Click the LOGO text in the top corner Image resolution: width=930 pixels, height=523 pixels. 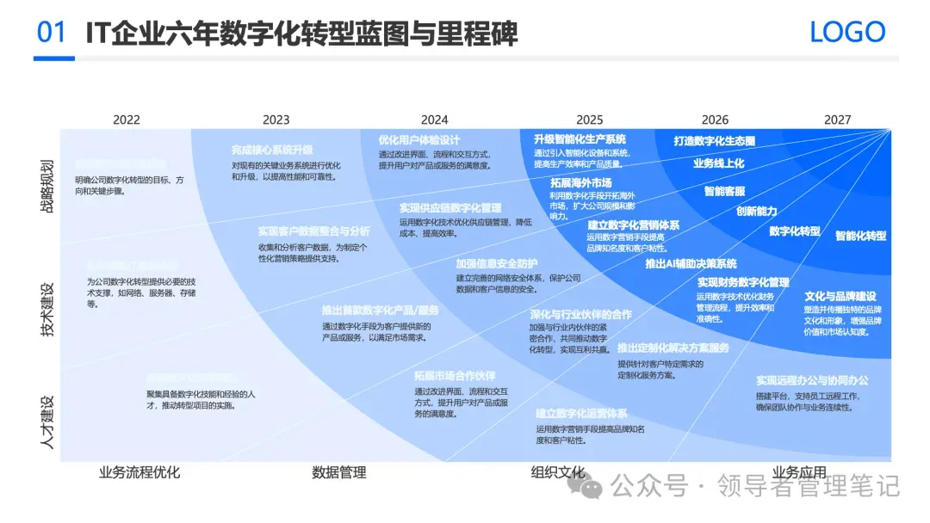pos(847,33)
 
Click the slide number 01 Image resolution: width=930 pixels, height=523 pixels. pos(52,33)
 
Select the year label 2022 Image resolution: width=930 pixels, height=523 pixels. pos(126,120)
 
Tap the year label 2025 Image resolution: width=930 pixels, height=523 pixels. pos(589,120)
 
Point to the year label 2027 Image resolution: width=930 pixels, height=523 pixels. pos(837,120)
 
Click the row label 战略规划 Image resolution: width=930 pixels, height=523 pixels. pos(47,186)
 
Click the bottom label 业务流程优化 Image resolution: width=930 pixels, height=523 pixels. pos(139,472)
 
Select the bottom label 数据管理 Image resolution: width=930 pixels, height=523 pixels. pos(338,472)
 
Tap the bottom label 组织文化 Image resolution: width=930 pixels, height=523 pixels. pos(558,472)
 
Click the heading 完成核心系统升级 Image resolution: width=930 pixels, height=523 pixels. pos(272,150)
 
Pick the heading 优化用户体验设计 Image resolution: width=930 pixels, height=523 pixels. pos(419,140)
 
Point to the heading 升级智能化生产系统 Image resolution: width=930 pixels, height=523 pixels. pos(580,139)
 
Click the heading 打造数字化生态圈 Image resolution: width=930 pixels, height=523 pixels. pos(714,141)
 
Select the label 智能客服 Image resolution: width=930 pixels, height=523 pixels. pos(724,191)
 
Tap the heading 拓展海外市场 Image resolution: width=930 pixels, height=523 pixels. pos(581,182)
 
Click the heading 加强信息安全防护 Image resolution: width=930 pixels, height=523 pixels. pos(497,263)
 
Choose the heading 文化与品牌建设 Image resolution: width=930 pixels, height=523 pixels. pos(840,295)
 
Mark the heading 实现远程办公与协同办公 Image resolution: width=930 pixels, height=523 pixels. pos(812,380)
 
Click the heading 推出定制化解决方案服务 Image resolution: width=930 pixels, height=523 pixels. pos(673,348)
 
